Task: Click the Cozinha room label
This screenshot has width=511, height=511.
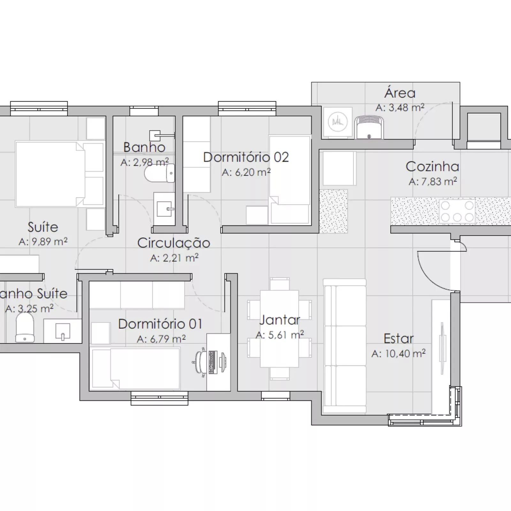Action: [432, 167]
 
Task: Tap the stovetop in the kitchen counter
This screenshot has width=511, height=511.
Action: [457, 211]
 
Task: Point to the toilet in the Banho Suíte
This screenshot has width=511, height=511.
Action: [25, 327]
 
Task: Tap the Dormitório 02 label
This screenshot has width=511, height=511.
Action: [246, 157]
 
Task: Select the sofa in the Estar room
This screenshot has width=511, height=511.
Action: [345, 347]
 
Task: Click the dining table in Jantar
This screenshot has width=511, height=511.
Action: [279, 329]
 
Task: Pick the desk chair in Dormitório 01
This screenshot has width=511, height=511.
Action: [200, 362]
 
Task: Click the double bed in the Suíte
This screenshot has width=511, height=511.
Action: [60, 174]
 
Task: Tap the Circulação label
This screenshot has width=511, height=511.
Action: [174, 243]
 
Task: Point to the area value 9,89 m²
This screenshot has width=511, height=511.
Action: [43, 241]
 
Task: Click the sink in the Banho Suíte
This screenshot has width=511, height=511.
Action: [63, 331]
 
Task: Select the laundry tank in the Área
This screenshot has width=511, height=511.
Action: [370, 127]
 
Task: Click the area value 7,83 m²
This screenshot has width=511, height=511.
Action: [433, 181]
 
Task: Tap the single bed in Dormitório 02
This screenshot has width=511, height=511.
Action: [290, 180]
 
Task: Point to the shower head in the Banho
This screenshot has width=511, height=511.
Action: [156, 136]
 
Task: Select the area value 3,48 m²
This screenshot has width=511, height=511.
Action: [400, 108]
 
